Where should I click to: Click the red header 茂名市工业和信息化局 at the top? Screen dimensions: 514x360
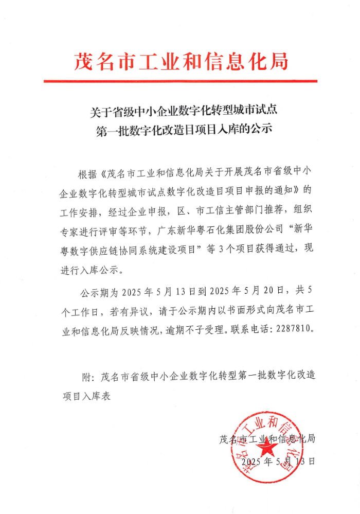[x=180, y=61]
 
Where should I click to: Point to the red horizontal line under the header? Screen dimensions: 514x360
[x=180, y=81]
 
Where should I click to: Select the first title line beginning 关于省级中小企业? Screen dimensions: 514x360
[x=180, y=111]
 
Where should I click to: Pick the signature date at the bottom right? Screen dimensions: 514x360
[x=277, y=461]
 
